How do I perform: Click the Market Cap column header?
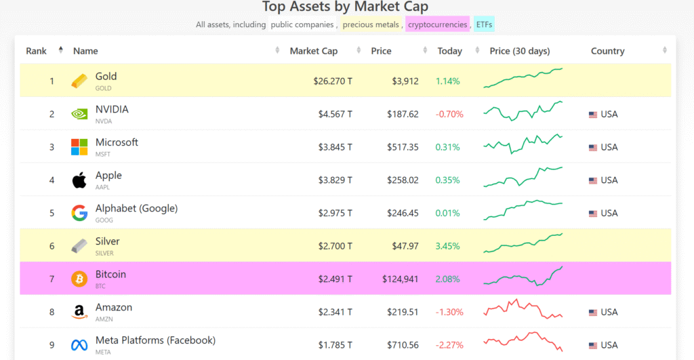[x=313, y=51]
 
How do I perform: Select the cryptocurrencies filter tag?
[x=437, y=25]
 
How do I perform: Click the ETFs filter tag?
[x=484, y=25]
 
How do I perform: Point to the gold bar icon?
[x=79, y=81]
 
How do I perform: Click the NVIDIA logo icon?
[x=79, y=115]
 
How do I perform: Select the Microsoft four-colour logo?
[x=79, y=147]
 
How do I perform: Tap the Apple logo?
[x=79, y=180]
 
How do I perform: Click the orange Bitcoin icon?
[x=79, y=279]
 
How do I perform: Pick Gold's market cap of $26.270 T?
[x=333, y=81]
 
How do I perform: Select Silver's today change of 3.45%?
[x=447, y=246]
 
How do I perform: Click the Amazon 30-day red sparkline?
[x=523, y=310]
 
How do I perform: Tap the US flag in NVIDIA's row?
[x=593, y=115]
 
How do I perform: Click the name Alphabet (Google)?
[x=136, y=208]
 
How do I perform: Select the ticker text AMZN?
[x=104, y=319]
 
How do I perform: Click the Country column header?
[x=607, y=51]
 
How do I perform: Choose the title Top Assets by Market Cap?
[x=346, y=7]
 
